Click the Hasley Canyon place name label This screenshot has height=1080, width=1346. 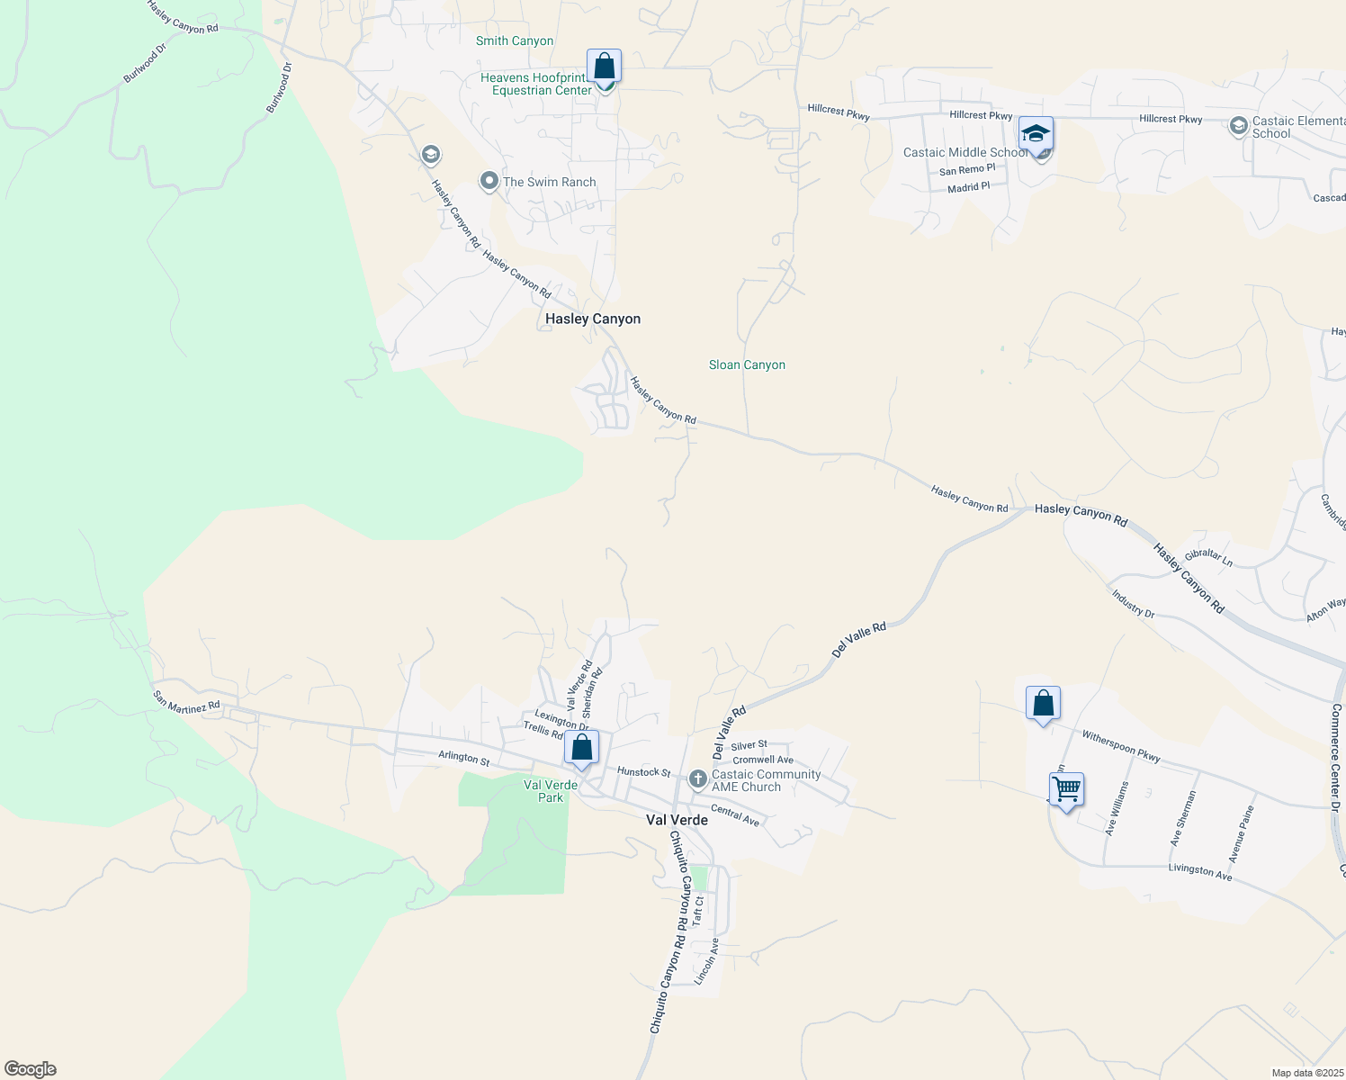593,319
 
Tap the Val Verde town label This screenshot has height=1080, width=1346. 677,820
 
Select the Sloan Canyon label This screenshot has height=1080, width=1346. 747,364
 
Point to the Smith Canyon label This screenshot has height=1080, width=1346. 515,40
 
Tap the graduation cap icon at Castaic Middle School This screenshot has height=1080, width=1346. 1036,135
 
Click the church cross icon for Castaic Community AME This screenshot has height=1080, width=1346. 698,779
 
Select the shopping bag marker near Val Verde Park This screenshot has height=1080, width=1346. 581,748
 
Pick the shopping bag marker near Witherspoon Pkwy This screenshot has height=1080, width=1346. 1043,703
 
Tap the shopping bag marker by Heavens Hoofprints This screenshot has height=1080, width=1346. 604,67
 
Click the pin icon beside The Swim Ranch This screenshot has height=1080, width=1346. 489,182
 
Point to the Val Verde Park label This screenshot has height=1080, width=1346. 551,791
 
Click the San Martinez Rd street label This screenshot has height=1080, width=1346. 186,702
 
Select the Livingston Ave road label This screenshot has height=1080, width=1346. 1200,871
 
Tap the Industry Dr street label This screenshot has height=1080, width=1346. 1133,603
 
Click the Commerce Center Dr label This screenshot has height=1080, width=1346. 1335,756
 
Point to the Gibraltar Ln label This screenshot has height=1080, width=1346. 1208,557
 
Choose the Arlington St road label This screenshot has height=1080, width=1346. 463,759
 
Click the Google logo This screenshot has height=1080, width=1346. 31,1069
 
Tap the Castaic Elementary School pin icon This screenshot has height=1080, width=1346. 1239,125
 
